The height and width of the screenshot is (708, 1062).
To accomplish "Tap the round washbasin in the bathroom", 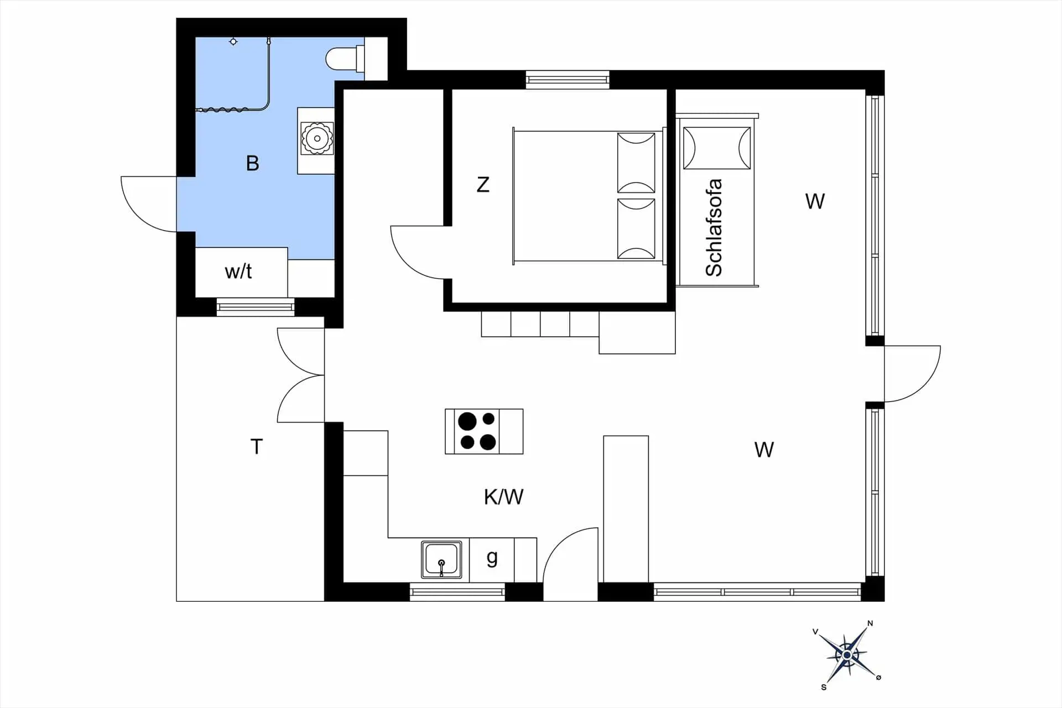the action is tap(317, 138).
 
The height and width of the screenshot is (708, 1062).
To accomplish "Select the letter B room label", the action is tap(252, 163).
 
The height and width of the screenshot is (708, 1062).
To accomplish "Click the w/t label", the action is tap(238, 271).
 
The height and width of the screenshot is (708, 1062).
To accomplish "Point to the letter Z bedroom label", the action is tap(483, 184).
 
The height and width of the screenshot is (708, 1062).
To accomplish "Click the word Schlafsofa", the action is tap(714, 227).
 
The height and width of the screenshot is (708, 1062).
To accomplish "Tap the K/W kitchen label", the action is tap(503, 497).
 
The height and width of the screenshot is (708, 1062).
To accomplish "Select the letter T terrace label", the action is tap(256, 446).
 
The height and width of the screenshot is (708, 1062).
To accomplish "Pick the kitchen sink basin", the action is tap(441, 559).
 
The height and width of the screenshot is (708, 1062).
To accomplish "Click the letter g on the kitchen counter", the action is tap(492, 558).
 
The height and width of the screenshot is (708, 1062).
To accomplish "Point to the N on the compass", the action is tap(870, 623).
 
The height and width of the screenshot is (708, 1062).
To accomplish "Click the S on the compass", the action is tap(824, 687).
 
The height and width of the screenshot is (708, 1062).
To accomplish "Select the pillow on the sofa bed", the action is tap(717, 148).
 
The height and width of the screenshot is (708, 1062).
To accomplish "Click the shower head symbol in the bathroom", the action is tap(233, 41).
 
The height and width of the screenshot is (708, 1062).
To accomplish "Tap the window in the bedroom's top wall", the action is tap(568, 80).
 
